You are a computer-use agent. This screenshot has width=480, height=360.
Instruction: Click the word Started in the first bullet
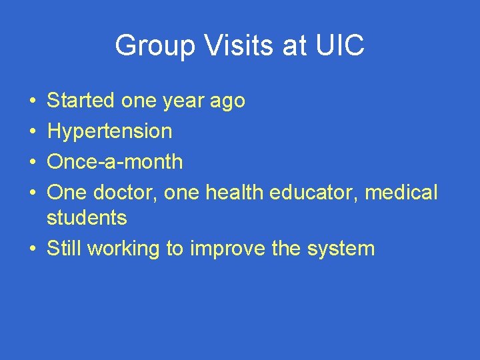[x=81, y=101]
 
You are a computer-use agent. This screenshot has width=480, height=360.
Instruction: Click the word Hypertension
[x=109, y=131]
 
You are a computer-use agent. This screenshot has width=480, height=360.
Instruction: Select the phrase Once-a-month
[x=115, y=161]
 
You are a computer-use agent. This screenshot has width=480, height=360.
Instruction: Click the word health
[x=235, y=193]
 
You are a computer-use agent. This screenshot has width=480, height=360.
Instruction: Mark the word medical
[x=401, y=193]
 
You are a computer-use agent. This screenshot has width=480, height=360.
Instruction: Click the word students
[x=87, y=217]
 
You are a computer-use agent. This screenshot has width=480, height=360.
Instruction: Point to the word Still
[x=64, y=249]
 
